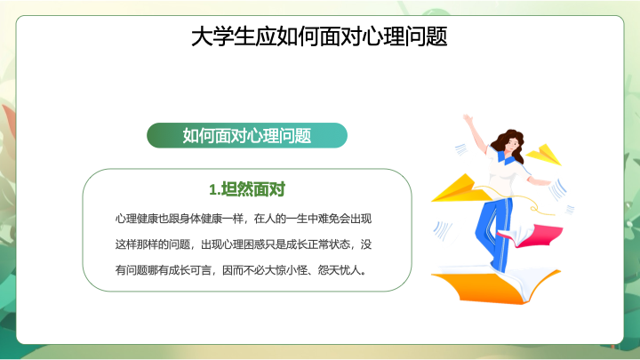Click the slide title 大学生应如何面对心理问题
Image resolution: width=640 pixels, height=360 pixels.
319,36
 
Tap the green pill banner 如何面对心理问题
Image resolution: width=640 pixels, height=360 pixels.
247,135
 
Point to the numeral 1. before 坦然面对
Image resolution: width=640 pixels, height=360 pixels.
215,190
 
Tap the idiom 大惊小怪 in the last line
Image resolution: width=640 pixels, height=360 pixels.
286,270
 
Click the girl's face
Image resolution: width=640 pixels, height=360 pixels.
512,144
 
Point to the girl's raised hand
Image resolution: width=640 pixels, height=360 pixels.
468,120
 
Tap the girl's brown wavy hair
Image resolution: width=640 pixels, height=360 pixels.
508,144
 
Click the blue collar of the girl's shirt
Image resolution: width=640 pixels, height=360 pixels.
505,156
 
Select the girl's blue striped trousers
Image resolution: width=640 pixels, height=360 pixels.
494,233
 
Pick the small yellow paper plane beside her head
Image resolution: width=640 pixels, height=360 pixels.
544,155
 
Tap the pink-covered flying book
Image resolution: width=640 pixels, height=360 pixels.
531,236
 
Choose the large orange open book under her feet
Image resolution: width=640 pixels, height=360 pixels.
496,285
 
